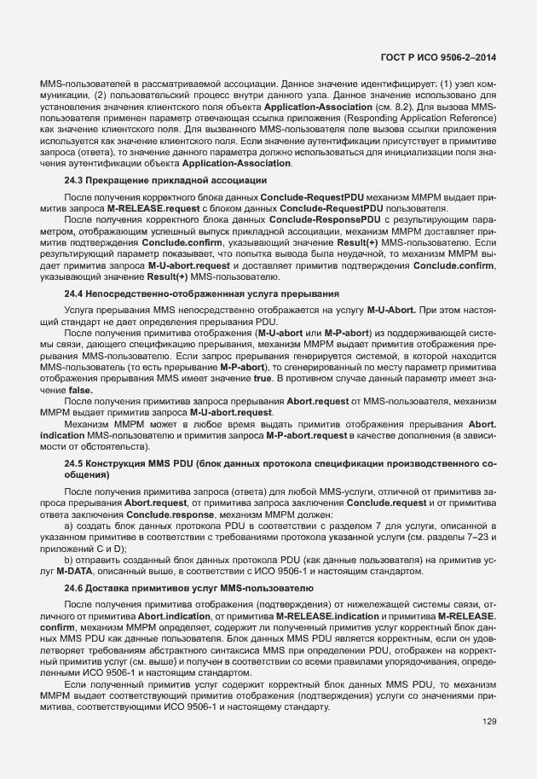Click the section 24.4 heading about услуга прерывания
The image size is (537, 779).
[x=202, y=293]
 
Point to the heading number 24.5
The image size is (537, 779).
[x=72, y=462]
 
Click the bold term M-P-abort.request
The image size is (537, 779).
[x=313, y=436]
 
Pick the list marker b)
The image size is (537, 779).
[x=71, y=558]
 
